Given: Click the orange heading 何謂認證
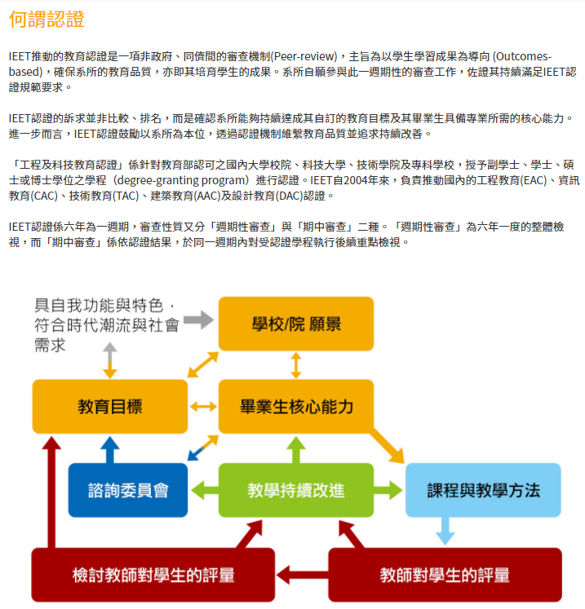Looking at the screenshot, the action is click(x=47, y=19).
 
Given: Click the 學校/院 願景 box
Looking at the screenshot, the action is click(x=296, y=324).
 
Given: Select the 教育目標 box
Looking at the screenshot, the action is click(x=110, y=407).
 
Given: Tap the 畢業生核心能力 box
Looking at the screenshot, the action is click(x=296, y=407).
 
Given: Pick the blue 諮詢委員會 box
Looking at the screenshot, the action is click(x=128, y=490).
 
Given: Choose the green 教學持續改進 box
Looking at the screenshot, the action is click(x=296, y=490).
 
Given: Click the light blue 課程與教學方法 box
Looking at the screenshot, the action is click(x=483, y=490).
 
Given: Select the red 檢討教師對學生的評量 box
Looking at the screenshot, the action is click(x=153, y=575).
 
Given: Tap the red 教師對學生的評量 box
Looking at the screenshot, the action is click(x=445, y=575).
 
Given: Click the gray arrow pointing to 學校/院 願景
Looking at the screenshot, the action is click(x=198, y=320).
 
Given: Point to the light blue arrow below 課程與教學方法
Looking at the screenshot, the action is click(x=445, y=531).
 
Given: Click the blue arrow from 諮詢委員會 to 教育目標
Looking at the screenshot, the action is click(x=110, y=449).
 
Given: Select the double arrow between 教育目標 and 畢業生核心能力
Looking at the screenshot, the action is click(x=203, y=407).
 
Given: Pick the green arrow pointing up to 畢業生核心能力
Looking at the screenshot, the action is click(x=296, y=449).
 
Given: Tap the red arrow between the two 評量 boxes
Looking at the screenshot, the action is click(x=302, y=575).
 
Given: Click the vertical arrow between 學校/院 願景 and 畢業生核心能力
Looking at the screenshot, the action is click(x=296, y=365).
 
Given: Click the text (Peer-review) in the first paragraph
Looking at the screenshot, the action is click(x=304, y=57).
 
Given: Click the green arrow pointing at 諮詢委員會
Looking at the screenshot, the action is click(x=205, y=490).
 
